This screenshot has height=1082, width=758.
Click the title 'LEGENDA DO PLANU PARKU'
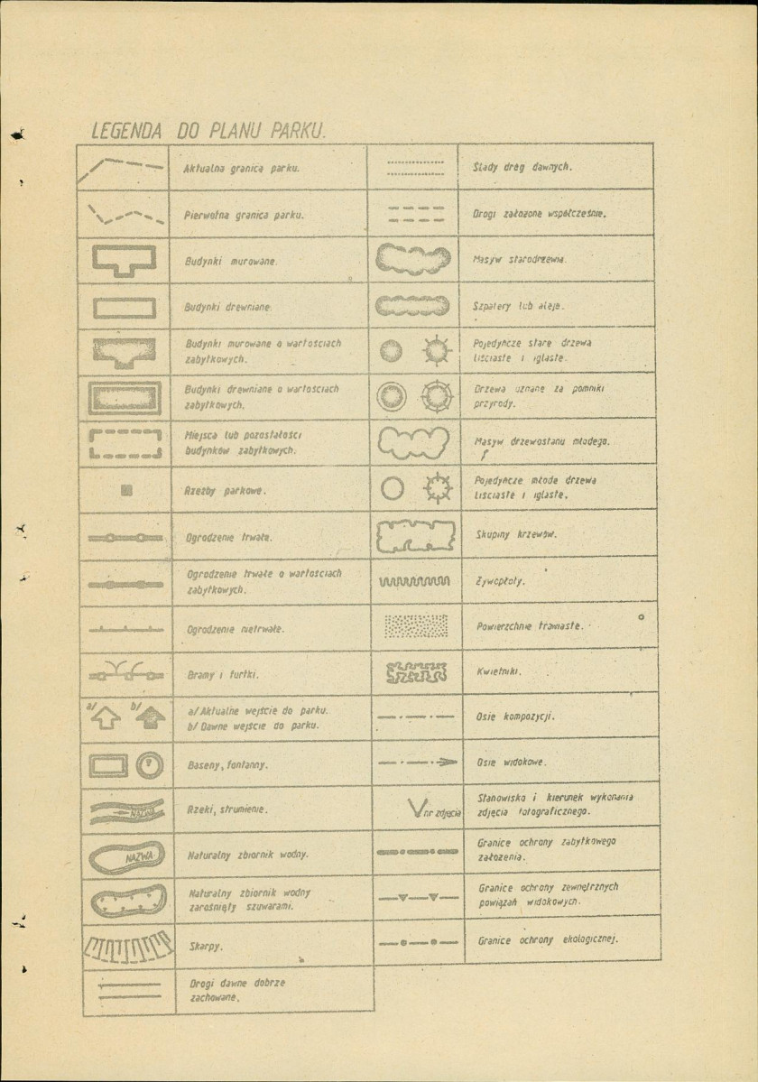(x=209, y=130)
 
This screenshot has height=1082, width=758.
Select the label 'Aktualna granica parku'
(x=241, y=169)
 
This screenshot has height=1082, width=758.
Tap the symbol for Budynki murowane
(x=125, y=260)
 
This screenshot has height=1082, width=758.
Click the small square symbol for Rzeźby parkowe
(x=126, y=491)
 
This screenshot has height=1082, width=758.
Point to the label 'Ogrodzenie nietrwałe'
(x=236, y=629)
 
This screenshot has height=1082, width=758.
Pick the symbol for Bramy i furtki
(x=125, y=671)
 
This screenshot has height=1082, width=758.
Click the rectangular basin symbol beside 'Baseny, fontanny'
(x=107, y=765)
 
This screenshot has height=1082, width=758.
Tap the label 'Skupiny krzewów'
(x=516, y=534)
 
